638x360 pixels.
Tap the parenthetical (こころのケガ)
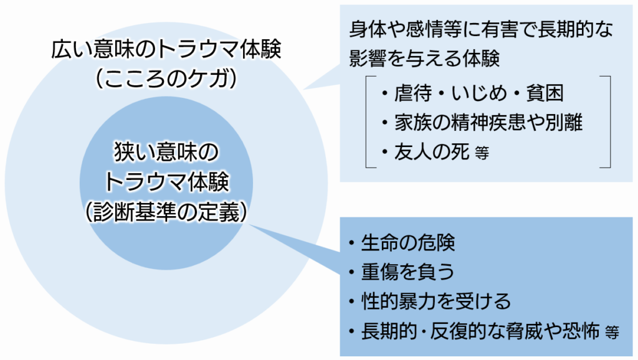(166, 78)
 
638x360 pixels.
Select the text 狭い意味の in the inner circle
(166, 152)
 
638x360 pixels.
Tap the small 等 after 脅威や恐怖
(612, 333)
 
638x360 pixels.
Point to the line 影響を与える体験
(424, 57)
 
